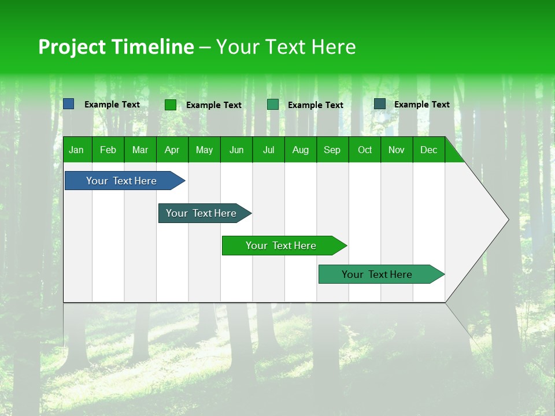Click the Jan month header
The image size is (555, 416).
[76, 150]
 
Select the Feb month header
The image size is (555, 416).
[108, 150]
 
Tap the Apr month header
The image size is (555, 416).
[172, 150]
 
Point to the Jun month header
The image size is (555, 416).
[236, 150]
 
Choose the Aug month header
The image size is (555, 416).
[300, 150]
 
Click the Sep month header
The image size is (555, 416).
[332, 150]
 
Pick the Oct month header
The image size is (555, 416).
[365, 150]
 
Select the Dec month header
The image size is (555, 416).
[428, 150]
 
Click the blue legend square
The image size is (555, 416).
[69, 104]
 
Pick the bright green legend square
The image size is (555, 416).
[171, 105]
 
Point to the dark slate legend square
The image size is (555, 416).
[380, 104]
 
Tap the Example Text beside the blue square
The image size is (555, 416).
[112, 105]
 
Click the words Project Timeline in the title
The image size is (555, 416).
[116, 47]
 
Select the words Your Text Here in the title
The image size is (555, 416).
[286, 47]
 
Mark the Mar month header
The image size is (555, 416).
[140, 150]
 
